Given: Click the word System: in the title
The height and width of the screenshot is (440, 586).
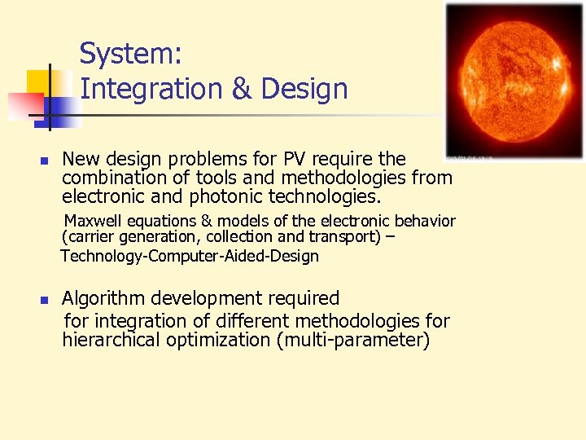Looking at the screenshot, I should [130, 55].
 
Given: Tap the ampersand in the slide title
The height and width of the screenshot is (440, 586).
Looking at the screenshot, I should [242, 89].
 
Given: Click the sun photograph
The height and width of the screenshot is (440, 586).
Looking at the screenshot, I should [514, 79].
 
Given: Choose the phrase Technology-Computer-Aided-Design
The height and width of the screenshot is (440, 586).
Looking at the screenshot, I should [190, 256].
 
